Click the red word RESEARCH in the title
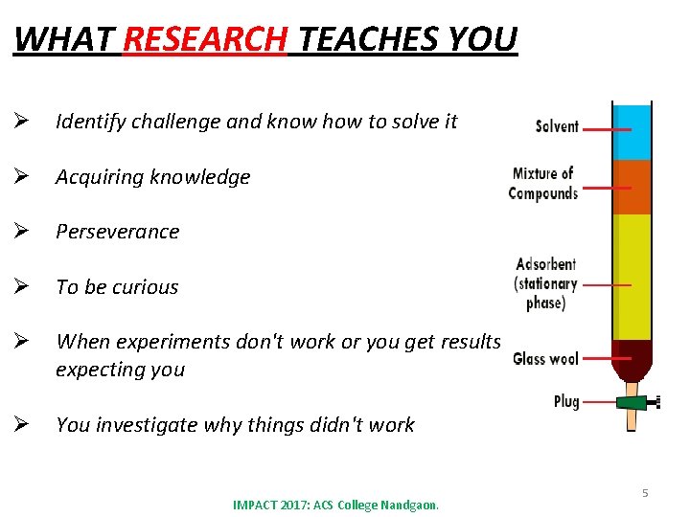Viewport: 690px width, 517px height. (x=205, y=40)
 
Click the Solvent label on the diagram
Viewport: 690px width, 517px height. (x=557, y=126)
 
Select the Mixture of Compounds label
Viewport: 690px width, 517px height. (x=543, y=183)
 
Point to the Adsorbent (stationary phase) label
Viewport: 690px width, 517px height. (x=546, y=282)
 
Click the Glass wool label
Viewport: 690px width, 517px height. (x=545, y=359)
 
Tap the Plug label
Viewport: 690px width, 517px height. (x=566, y=401)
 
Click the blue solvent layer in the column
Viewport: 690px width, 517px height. (x=632, y=132)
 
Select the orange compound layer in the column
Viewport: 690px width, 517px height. (x=632, y=187)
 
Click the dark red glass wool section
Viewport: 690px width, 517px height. (x=632, y=359)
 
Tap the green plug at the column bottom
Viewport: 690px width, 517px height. (x=632, y=403)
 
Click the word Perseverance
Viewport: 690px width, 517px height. (x=118, y=232)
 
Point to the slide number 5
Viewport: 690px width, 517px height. (x=645, y=493)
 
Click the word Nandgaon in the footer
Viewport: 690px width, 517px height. (x=409, y=505)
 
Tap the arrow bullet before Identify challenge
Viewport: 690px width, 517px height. (x=20, y=122)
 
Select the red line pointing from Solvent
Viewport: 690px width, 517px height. (x=606, y=128)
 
